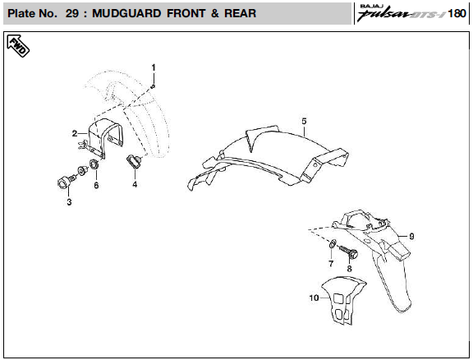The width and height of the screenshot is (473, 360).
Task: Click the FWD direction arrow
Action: (18, 45)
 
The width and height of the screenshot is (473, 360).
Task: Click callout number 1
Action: (154, 67)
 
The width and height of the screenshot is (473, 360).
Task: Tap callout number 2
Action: (75, 133)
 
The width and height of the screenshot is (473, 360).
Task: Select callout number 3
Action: (69, 202)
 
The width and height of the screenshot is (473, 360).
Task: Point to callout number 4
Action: (135, 184)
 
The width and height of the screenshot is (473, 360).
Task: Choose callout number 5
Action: (304, 121)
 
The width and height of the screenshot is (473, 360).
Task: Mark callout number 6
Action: (96, 185)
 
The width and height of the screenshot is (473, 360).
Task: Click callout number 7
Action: (331, 264)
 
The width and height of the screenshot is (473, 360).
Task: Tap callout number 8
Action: (349, 268)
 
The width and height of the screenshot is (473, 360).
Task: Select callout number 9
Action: (411, 236)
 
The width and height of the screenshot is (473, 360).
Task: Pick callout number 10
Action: (314, 298)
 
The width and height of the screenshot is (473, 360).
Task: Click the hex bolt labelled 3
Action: (66, 182)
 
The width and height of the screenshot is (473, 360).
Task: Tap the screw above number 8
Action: (348, 252)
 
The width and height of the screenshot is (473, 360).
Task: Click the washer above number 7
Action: (331, 243)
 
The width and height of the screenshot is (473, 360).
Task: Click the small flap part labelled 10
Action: (343, 300)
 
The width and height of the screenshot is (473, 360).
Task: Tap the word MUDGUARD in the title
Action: (126, 14)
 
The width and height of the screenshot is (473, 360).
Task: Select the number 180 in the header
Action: (457, 14)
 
